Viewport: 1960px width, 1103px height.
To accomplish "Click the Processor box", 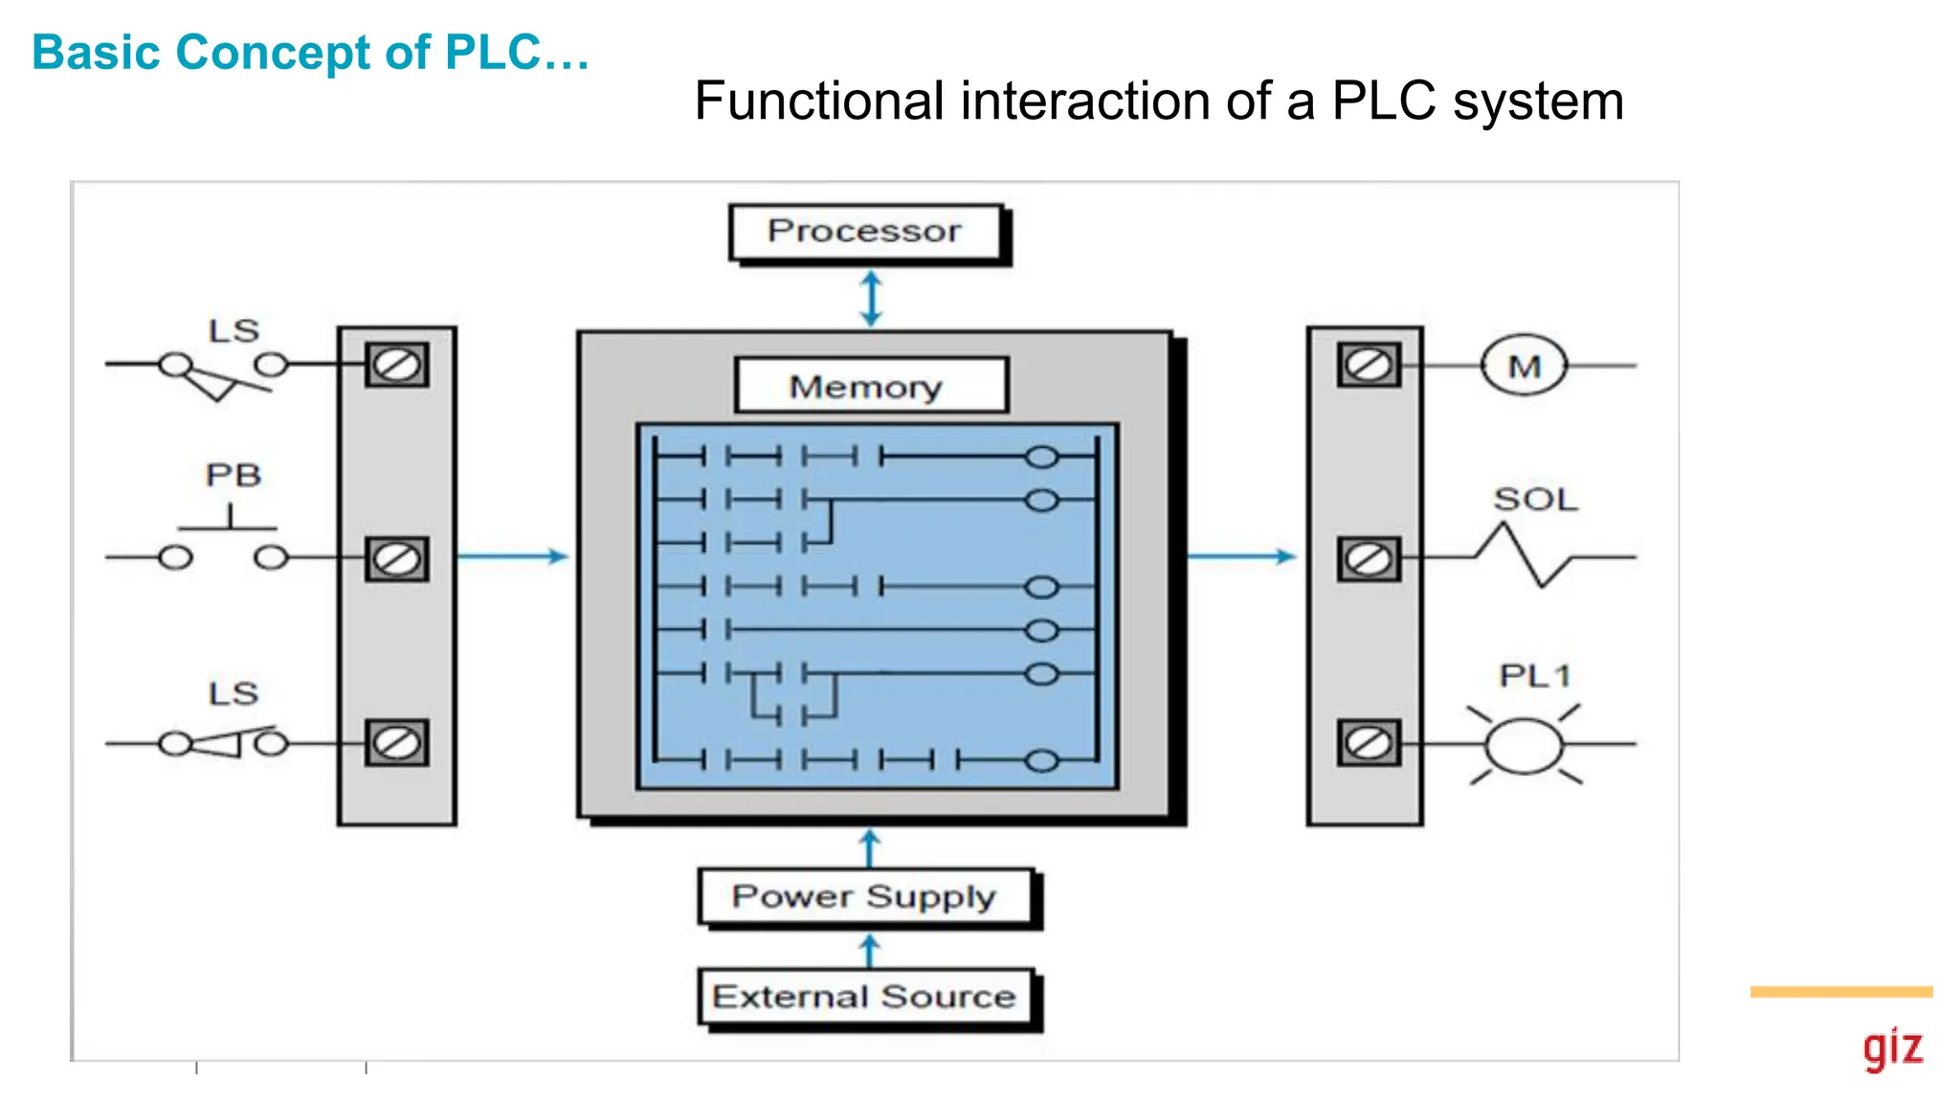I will pyautogui.click(x=865, y=231).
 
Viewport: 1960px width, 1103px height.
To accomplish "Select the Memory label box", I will pyautogui.click(x=870, y=386).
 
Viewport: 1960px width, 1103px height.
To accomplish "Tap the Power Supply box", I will pyautogui.click(x=865, y=897).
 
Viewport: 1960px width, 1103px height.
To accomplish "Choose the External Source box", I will pyautogui.click(x=865, y=997).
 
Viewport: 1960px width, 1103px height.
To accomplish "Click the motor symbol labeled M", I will pyautogui.click(x=1524, y=366).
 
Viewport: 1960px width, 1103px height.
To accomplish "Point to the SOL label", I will pyautogui.click(x=1535, y=500).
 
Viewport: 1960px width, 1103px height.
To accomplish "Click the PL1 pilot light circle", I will pyautogui.click(x=1524, y=745).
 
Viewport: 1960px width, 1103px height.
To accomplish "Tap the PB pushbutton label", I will pyautogui.click(x=233, y=475).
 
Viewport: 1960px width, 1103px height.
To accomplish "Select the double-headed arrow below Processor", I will pyautogui.click(x=870, y=299).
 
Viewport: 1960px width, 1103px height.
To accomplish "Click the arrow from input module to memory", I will pyautogui.click(x=513, y=556).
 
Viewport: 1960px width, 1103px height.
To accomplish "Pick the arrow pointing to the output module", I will pyautogui.click(x=1242, y=556).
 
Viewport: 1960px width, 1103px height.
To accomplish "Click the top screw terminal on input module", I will pyautogui.click(x=396, y=365).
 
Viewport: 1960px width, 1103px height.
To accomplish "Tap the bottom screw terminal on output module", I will pyautogui.click(x=1369, y=743).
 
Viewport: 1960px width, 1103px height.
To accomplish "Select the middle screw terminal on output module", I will pyautogui.click(x=1369, y=559).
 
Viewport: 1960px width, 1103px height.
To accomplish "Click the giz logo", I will pyautogui.click(x=1892, y=1048).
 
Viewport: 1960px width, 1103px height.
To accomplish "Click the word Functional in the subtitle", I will pyautogui.click(x=819, y=101).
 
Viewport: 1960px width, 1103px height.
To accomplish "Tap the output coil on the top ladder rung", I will pyautogui.click(x=1041, y=458).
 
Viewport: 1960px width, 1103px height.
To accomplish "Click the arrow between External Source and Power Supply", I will pyautogui.click(x=869, y=951).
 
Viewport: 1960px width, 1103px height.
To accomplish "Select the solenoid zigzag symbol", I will pyautogui.click(x=1523, y=555).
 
